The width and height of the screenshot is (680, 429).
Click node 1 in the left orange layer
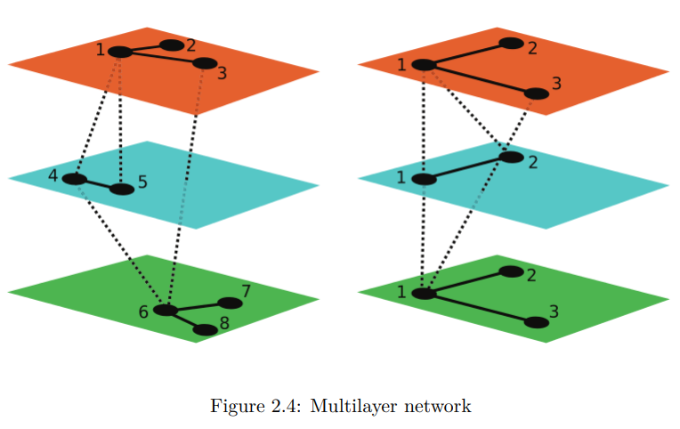(x=120, y=52)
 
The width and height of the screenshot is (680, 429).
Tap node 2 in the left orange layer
(x=172, y=45)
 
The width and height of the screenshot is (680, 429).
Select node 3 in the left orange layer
(x=205, y=63)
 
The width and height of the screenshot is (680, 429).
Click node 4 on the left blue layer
(x=75, y=179)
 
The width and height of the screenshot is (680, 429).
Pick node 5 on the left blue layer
(x=122, y=189)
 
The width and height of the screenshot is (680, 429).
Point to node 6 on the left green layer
(x=166, y=310)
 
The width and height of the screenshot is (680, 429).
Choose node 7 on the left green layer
(x=230, y=304)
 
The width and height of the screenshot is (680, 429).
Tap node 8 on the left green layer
(x=205, y=330)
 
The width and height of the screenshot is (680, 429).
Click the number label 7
(x=247, y=291)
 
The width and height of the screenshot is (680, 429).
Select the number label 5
(x=142, y=182)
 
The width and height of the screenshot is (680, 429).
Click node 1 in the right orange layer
(x=424, y=65)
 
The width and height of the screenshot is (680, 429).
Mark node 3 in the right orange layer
(x=537, y=93)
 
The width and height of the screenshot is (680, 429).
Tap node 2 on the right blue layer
(x=512, y=157)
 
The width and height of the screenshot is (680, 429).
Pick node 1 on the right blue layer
(x=424, y=179)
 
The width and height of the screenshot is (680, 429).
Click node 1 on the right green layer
(x=424, y=294)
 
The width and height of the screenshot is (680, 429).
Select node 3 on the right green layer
(x=537, y=322)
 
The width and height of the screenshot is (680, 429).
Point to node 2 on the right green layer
(x=512, y=271)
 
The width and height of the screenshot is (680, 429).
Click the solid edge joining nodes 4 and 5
(x=99, y=184)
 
